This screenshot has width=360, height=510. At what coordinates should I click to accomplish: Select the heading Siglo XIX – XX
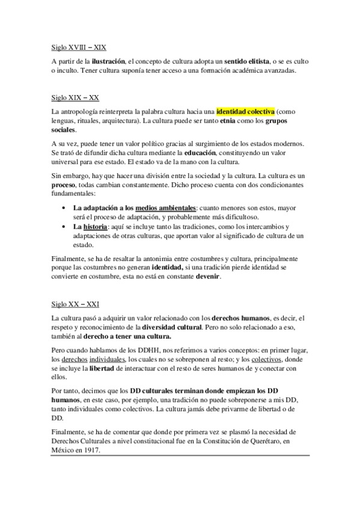(75, 97)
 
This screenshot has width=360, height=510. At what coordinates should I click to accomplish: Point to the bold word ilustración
(108, 61)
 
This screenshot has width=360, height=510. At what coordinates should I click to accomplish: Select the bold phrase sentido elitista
(247, 61)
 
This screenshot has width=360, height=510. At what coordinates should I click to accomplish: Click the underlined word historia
(96, 227)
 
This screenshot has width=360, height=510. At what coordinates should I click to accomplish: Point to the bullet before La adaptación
(64, 208)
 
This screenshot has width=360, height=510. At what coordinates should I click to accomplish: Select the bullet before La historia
(64, 227)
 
